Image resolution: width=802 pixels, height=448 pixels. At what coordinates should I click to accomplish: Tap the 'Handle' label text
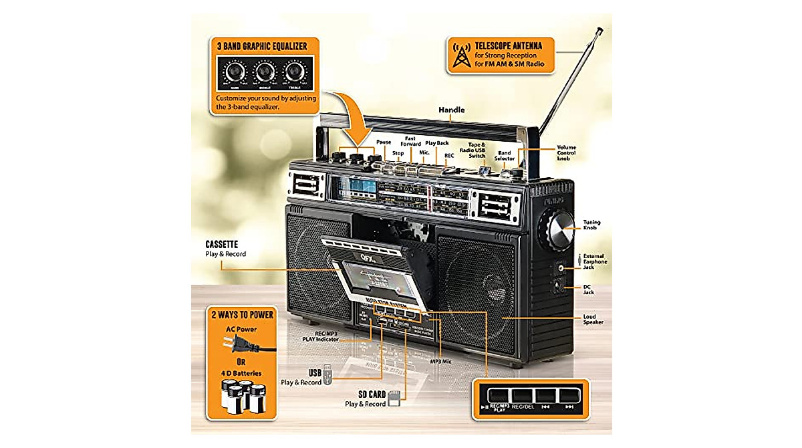tap(451, 109)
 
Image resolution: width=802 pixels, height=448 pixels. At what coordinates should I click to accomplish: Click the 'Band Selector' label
tap(505, 155)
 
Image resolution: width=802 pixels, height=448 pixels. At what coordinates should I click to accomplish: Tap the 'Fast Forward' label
tap(411, 141)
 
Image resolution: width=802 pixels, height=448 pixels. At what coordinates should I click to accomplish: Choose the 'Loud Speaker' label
tap(593, 318)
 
